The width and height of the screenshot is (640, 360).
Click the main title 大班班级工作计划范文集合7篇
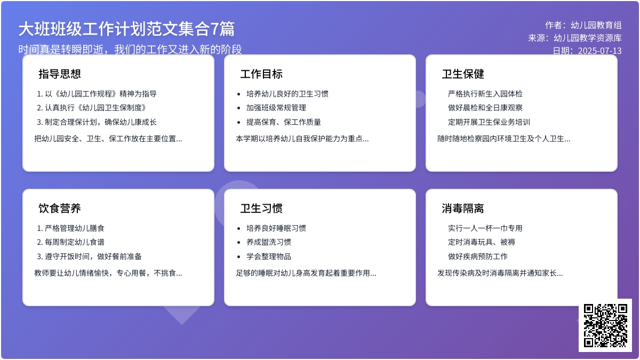[x=126, y=29]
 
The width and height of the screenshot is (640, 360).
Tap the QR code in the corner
[x=605, y=325]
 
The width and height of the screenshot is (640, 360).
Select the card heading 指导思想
[x=60, y=74]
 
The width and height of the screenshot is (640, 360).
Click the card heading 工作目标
[x=261, y=74]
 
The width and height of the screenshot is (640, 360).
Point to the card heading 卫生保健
[x=463, y=74]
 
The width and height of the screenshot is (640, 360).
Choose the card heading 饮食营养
[x=60, y=209]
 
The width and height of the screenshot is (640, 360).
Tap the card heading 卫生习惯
[x=261, y=209]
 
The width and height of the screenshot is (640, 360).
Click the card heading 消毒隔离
[x=463, y=209]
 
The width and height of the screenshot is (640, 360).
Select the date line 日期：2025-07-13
[x=587, y=51]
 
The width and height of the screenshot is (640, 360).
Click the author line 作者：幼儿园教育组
[x=583, y=25]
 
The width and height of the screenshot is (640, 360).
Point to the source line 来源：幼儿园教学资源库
[x=575, y=38]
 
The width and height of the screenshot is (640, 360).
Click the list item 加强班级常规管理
[x=276, y=108]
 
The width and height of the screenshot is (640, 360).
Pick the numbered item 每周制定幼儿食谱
[x=74, y=242]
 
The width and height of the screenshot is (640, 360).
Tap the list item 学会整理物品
[x=268, y=257]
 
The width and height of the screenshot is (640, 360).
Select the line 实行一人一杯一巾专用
[x=485, y=228]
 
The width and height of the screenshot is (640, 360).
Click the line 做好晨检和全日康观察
[x=485, y=108]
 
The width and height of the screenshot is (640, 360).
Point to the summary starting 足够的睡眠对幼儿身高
[x=306, y=274]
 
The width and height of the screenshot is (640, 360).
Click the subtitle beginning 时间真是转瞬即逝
[x=130, y=50]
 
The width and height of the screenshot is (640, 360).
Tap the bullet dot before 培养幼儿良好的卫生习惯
[x=239, y=94]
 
